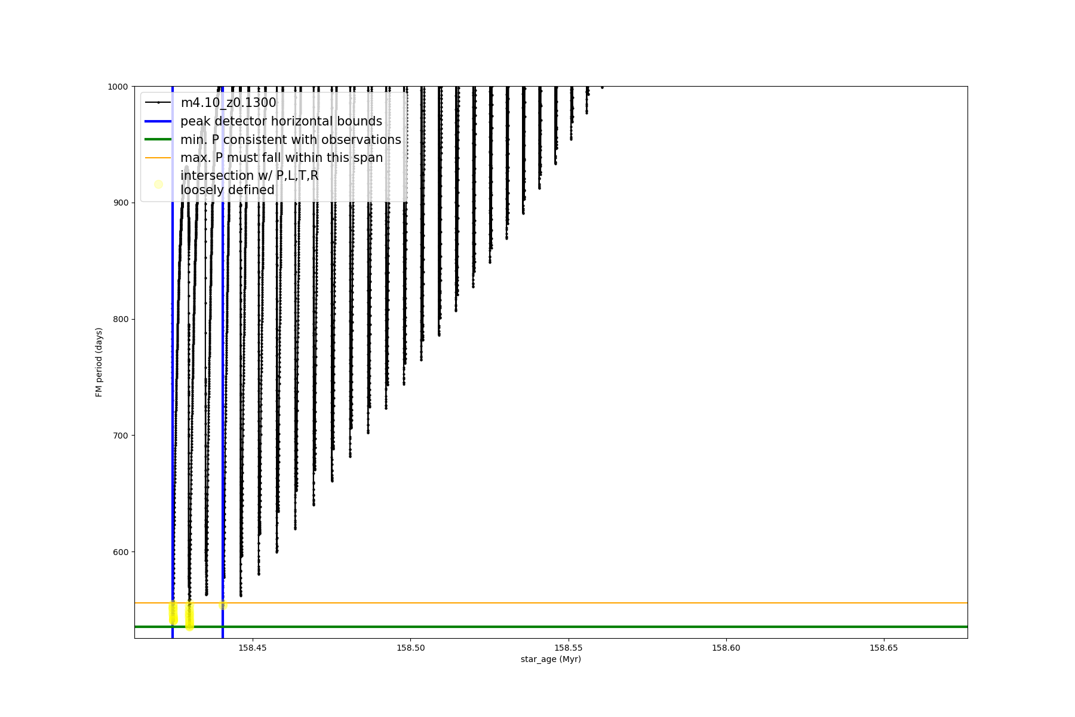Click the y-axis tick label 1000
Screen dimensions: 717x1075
point(118,87)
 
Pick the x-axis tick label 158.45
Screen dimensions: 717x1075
point(252,648)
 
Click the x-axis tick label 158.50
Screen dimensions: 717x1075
point(410,648)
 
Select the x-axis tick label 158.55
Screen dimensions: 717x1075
point(569,648)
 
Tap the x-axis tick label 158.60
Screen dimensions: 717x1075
point(727,648)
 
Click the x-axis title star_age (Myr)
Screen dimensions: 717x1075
point(551,659)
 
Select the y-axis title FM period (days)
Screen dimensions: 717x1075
point(99,362)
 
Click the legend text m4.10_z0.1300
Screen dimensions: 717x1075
point(228,103)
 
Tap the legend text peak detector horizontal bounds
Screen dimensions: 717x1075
point(281,121)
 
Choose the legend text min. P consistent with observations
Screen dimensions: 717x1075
point(291,140)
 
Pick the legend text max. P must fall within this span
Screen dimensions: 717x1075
point(281,158)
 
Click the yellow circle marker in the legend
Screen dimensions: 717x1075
point(158,184)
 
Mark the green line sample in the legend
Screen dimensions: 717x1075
point(158,140)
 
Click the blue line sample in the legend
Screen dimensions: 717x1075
point(158,121)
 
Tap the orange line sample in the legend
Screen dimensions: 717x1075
point(158,158)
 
